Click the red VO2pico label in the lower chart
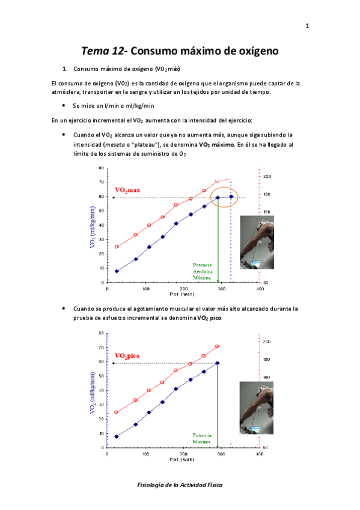pyautogui.click(x=127, y=356)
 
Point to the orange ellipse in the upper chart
pyautogui.click(x=224, y=197)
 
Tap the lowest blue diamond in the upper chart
pyautogui.click(x=117, y=271)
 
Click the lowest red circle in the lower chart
pyautogui.click(x=117, y=412)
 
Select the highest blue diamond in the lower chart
pyautogui.click(x=217, y=363)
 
